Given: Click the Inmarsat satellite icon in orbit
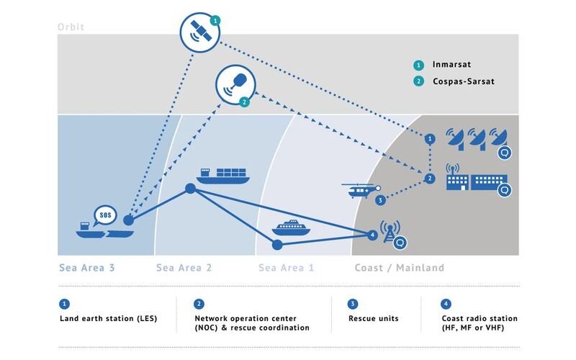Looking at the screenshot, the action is (200, 32).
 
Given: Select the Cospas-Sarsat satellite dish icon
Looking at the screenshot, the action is (235, 85).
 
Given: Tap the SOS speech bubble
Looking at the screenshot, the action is (105, 215).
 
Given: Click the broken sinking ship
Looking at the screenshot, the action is (104, 230).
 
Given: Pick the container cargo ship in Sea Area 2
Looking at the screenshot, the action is (223, 176).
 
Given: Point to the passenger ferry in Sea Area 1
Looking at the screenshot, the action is (291, 228).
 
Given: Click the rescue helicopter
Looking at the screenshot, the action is (360, 190).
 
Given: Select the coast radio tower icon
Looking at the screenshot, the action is (390, 231).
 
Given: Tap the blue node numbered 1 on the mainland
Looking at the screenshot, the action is (430, 139).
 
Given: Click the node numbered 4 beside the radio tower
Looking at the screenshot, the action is (372, 235).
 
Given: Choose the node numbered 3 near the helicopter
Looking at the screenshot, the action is (380, 200).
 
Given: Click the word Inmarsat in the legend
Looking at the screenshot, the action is (451, 65).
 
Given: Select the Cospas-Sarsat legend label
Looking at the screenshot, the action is (464, 81).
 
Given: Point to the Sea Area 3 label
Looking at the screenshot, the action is (87, 268).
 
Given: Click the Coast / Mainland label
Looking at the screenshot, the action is (400, 268).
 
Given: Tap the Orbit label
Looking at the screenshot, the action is (71, 27).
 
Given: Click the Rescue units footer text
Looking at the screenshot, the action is (373, 318).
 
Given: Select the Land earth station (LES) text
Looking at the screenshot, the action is (109, 318).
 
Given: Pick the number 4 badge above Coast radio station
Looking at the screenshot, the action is (446, 304).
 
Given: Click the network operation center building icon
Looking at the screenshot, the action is (477, 178).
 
